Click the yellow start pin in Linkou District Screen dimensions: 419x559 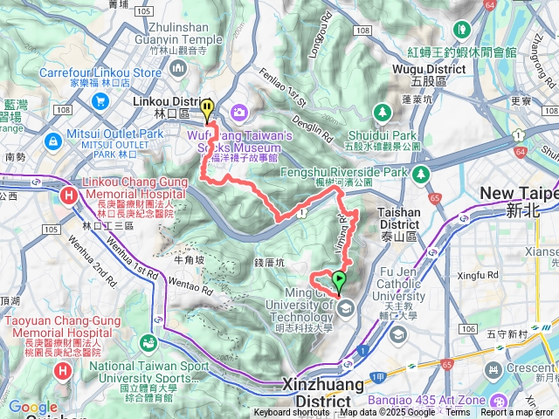[x=207, y=109]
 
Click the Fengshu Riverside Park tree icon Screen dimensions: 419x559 [x=422, y=175]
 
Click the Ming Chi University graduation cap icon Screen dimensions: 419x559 [x=346, y=307]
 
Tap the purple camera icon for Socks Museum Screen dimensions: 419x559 [x=238, y=112]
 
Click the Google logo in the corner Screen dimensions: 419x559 [x=32, y=407]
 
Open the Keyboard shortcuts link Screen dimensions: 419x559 [x=292, y=413]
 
